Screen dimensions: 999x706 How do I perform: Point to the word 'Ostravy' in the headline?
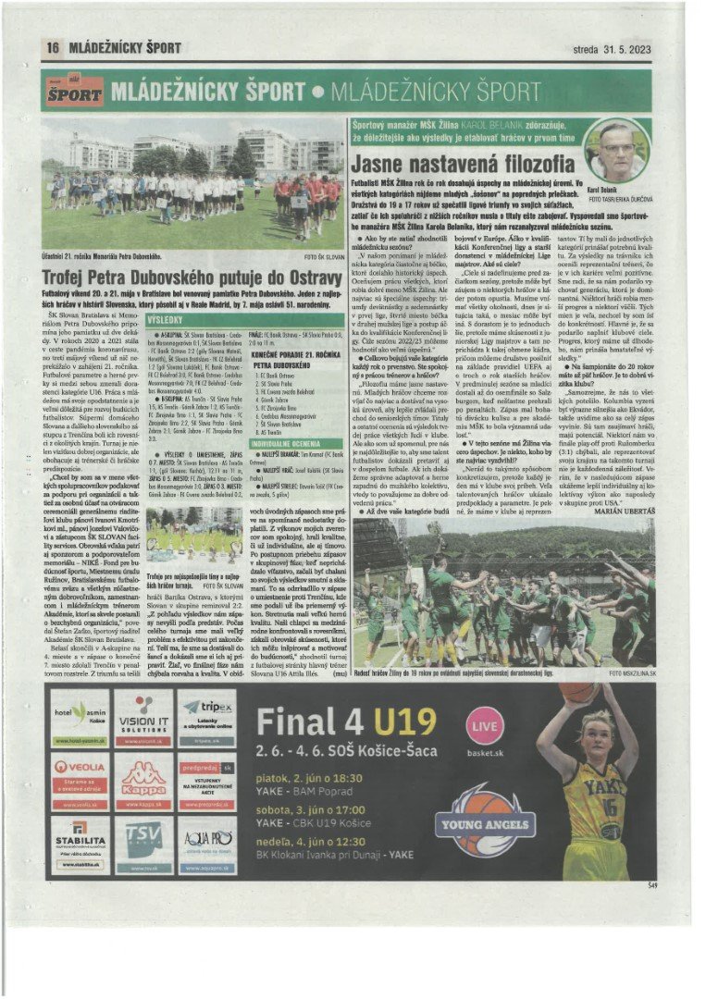(x=306, y=277)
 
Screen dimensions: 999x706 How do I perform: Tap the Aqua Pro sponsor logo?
(x=207, y=843)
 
